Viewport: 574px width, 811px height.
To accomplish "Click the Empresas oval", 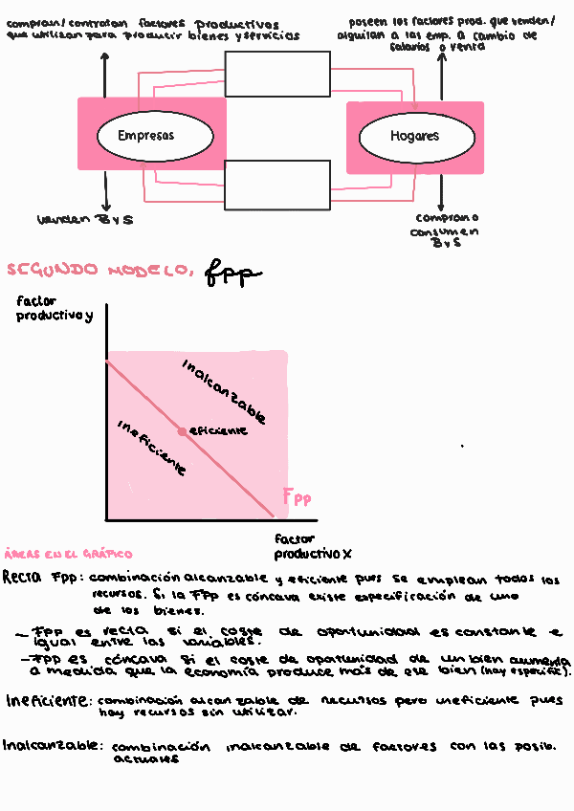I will tap(145, 136).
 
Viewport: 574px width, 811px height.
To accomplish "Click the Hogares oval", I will tap(413, 136).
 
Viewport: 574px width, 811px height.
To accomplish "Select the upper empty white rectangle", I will tap(276, 74).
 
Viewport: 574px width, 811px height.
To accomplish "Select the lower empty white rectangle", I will tap(276, 185).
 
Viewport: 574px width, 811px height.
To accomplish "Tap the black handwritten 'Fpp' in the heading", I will tap(232, 274).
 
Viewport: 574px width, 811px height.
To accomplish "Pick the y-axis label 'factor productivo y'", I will tap(55, 309).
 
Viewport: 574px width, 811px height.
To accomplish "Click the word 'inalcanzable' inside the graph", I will tap(223, 391).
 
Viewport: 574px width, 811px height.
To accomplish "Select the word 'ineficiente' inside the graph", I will tap(150, 449).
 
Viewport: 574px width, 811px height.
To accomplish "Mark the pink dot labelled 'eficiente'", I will tap(182, 431).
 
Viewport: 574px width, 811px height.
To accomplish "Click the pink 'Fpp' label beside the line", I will tap(297, 497).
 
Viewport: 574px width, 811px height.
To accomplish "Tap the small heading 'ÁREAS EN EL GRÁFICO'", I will tap(68, 554).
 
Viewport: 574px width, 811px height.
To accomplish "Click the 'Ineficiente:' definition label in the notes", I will tap(48, 701).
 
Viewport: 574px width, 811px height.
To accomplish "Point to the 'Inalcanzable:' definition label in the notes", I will tap(52, 745).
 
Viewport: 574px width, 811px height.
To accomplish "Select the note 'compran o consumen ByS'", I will tap(445, 230).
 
